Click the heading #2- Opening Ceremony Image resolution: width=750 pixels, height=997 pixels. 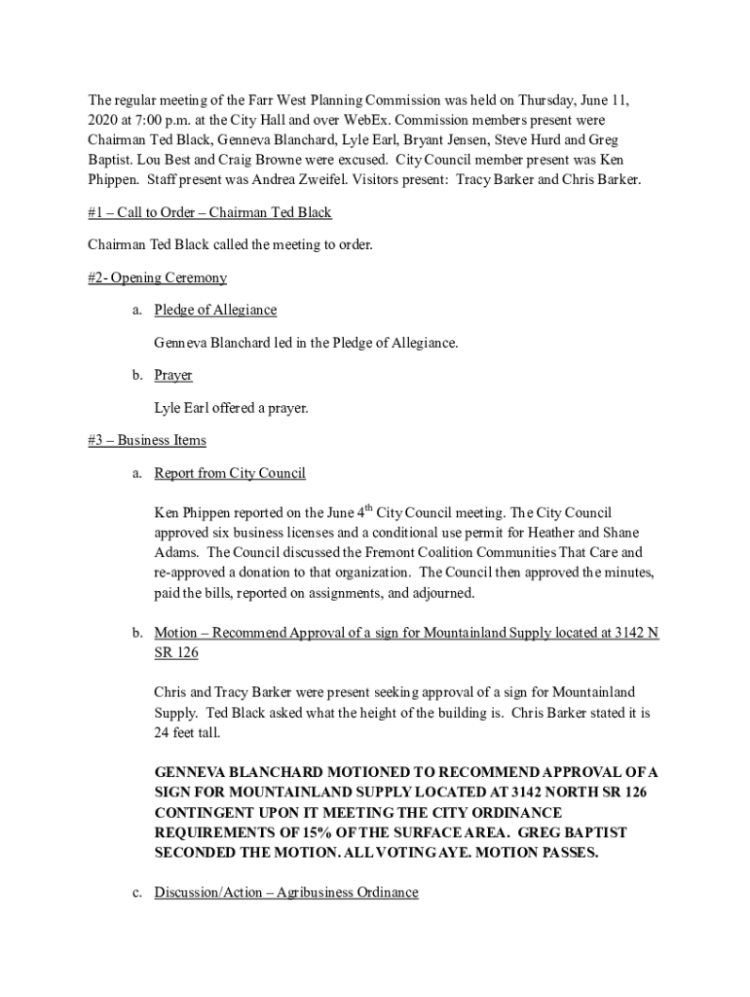point(157,277)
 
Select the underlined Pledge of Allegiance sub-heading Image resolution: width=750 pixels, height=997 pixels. point(215,310)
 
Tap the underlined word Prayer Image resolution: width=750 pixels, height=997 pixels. point(173,375)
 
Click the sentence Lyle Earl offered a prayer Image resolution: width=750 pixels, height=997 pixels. point(231,408)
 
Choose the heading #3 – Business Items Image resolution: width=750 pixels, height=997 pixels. point(146,440)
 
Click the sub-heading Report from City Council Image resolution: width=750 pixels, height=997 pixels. point(230,473)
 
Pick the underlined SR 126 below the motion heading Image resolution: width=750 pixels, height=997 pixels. point(176,652)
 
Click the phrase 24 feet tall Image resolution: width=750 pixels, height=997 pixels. point(188,732)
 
